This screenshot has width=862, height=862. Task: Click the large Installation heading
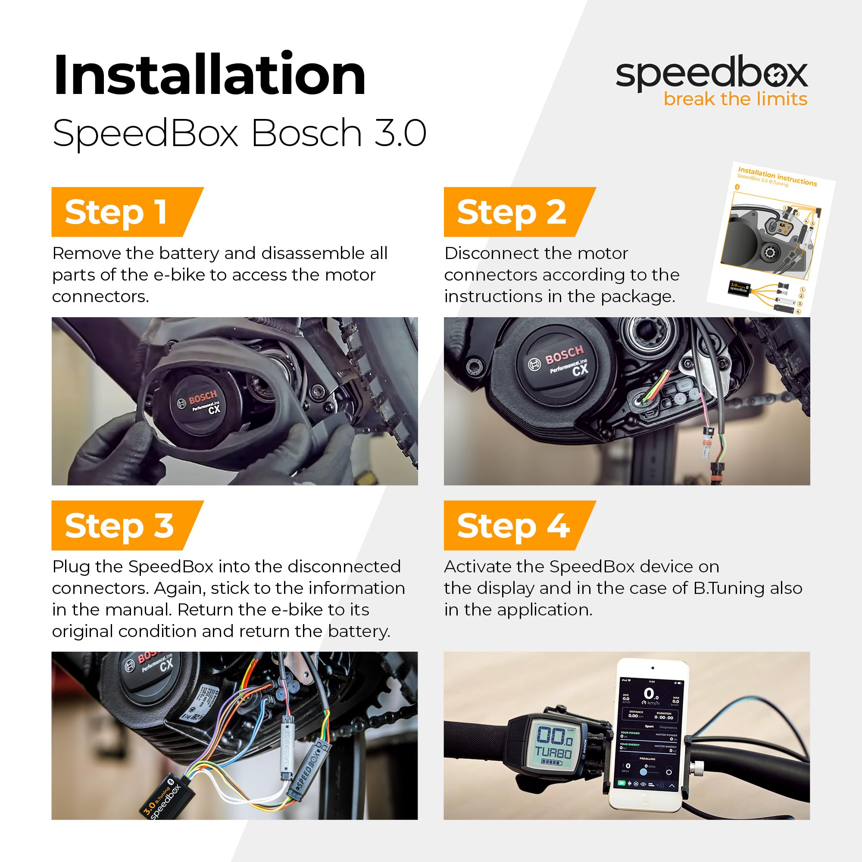tap(209, 74)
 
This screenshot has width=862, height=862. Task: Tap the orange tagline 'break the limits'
tap(735, 99)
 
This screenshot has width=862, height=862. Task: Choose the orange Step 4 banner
tap(513, 525)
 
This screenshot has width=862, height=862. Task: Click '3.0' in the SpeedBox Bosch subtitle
tap(400, 133)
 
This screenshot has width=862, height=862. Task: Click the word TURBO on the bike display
tap(553, 753)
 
